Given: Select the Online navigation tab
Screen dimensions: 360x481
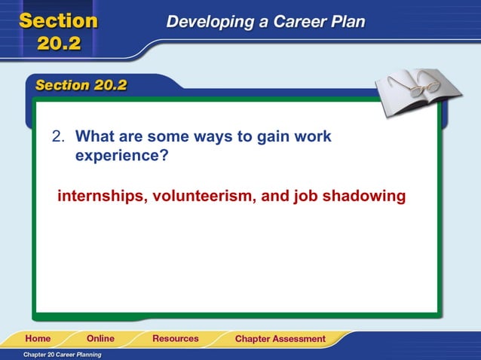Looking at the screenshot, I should [x=100, y=339].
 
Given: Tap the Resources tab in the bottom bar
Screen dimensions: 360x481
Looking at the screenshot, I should [x=176, y=339].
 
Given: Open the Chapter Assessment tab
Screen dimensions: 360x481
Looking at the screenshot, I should [x=280, y=339].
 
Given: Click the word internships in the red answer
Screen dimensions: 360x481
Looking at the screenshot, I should [x=103, y=197].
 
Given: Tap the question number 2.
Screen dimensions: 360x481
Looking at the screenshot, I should [x=57, y=137].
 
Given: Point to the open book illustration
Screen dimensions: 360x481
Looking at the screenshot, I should [x=412, y=93].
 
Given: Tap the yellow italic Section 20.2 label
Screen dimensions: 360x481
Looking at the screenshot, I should [x=80, y=85].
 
